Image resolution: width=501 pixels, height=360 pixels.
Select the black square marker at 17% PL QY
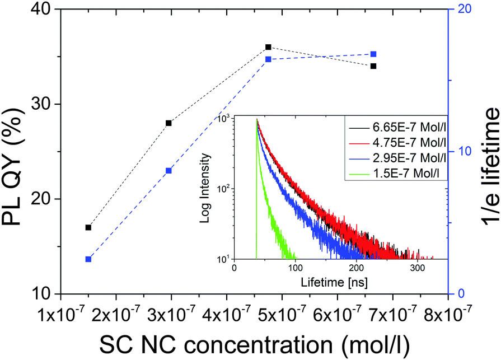[88, 227]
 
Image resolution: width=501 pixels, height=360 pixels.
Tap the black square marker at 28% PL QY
[168, 123]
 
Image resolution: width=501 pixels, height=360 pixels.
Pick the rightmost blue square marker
[373, 54]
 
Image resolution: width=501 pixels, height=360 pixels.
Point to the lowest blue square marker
[88, 259]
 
